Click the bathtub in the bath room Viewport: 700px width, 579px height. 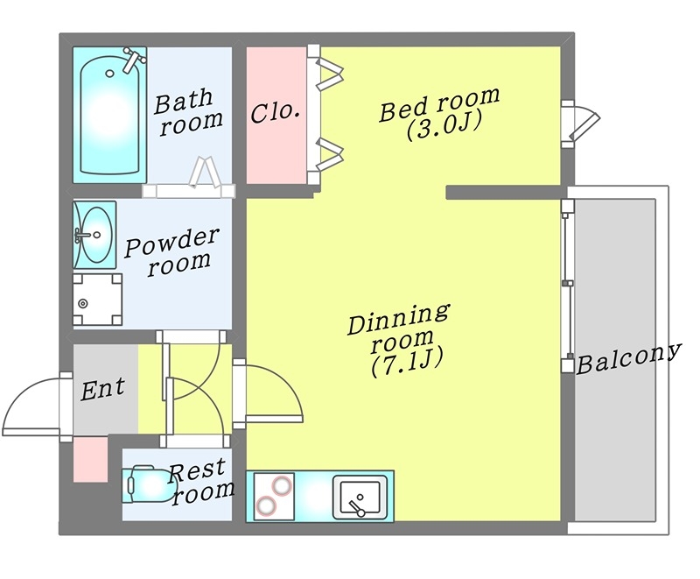pyautogui.click(x=109, y=114)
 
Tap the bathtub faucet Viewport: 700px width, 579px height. pyautogui.click(x=133, y=60)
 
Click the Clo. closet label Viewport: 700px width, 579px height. pyautogui.click(x=276, y=113)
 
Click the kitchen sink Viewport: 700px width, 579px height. pyautogui.click(x=359, y=498)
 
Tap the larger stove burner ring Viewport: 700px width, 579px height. pyautogui.click(x=267, y=506)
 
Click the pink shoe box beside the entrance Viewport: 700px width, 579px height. pyautogui.click(x=89, y=459)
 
